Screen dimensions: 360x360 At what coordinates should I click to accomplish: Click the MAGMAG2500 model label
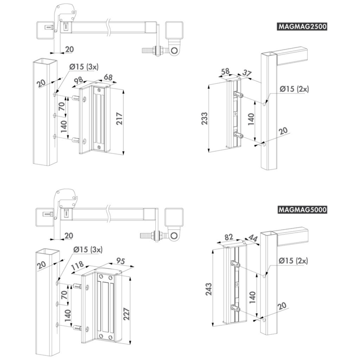(x=302, y=27)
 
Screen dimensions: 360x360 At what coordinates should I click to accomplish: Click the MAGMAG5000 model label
(x=302, y=210)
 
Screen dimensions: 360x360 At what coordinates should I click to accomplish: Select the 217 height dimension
(x=120, y=118)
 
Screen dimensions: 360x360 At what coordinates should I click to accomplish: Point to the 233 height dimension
(x=204, y=118)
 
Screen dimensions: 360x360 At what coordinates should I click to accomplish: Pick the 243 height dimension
(x=208, y=289)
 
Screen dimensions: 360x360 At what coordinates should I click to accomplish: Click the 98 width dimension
(x=79, y=81)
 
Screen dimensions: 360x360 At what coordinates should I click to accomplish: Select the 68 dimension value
(x=108, y=77)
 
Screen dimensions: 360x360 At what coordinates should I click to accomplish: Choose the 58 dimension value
(x=225, y=71)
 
